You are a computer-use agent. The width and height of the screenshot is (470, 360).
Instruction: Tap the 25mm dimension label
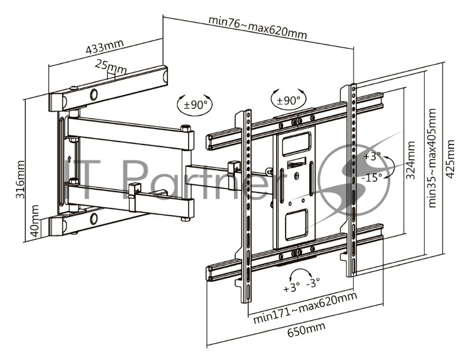[110, 69]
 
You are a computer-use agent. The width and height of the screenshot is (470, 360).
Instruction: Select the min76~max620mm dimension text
[257, 26]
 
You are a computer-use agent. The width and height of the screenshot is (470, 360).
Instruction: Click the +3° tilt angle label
[372, 157]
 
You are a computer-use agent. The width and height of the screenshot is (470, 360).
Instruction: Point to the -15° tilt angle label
[372, 176]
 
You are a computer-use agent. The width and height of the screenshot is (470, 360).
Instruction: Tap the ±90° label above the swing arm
[197, 105]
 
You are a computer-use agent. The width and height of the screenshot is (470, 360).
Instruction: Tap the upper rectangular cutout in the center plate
[293, 142]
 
